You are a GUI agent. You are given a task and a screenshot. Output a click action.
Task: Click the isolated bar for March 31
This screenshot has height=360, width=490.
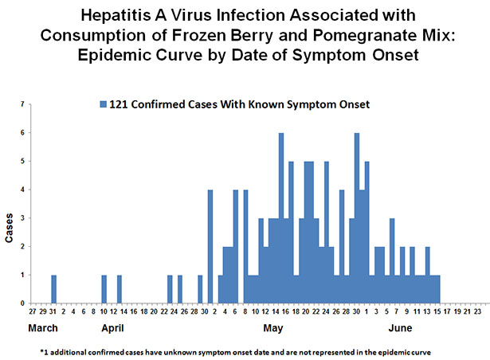click(x=53, y=289)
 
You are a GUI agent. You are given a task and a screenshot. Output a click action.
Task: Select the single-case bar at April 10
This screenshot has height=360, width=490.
click(x=104, y=289)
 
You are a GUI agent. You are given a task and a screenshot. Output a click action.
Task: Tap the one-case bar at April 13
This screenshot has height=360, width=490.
click(x=120, y=289)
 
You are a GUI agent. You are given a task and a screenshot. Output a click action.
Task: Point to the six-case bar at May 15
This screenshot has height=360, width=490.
click(x=281, y=218)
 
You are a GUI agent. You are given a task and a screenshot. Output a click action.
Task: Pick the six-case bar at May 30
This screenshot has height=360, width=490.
click(x=357, y=218)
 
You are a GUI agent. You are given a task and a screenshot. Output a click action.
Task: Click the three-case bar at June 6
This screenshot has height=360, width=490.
click(x=392, y=260)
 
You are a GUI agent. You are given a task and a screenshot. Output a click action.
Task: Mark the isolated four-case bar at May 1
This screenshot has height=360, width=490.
click(x=210, y=246)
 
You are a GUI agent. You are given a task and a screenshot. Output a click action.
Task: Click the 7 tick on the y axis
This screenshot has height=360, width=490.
click(x=22, y=104)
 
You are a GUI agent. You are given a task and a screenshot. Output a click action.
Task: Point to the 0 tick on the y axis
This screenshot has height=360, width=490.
click(x=22, y=303)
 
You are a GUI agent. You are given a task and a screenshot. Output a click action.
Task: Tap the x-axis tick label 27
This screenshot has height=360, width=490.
click(x=33, y=311)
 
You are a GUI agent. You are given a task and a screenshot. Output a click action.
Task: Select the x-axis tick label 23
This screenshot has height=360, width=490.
click(x=477, y=311)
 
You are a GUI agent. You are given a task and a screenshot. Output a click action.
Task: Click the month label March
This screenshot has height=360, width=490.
click(x=43, y=328)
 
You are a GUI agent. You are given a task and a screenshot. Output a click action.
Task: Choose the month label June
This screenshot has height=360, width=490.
click(x=400, y=328)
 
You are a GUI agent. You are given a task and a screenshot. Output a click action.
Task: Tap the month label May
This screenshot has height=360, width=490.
click(x=272, y=328)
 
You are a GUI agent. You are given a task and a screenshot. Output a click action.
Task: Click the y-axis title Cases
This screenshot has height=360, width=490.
click(x=9, y=228)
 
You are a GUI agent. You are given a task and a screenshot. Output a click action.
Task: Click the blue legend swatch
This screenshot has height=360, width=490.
click(x=103, y=104)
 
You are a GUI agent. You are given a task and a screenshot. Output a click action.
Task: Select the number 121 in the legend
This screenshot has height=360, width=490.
click(x=118, y=104)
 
